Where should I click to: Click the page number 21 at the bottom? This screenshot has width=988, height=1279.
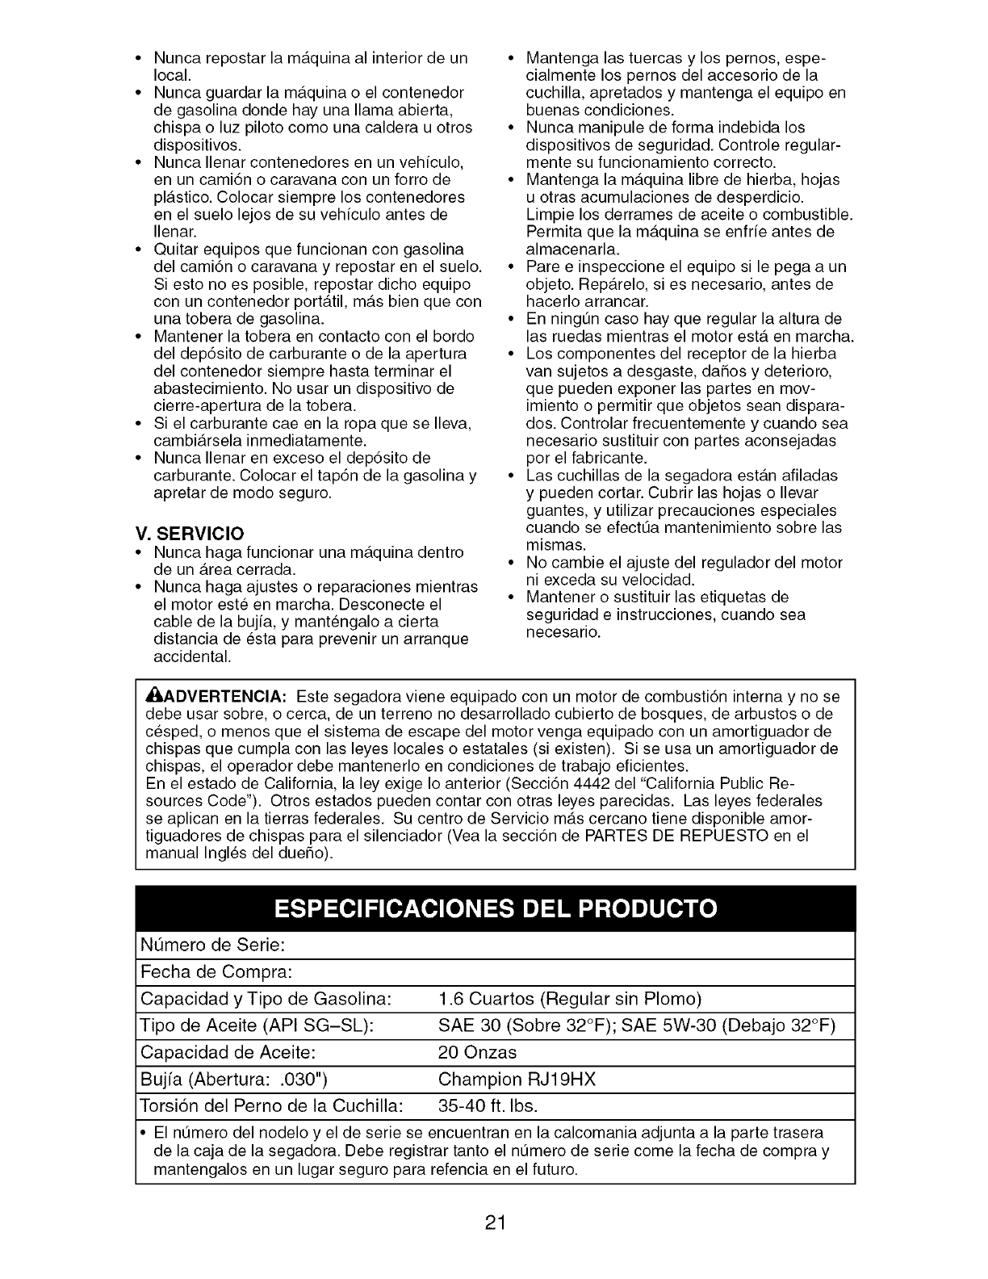pyautogui.click(x=495, y=1222)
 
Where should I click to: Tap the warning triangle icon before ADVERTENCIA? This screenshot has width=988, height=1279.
pyautogui.click(x=151, y=697)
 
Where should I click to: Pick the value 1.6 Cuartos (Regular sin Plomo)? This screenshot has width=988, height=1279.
pyautogui.click(x=570, y=999)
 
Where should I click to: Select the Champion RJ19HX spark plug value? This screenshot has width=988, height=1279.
pyautogui.click(x=517, y=1080)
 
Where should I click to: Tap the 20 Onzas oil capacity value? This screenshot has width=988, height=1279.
pyautogui.click(x=477, y=1053)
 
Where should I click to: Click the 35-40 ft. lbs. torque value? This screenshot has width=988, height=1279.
pyautogui.click(x=488, y=1105)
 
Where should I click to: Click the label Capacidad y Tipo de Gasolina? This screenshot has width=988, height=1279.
pyautogui.click(x=266, y=999)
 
